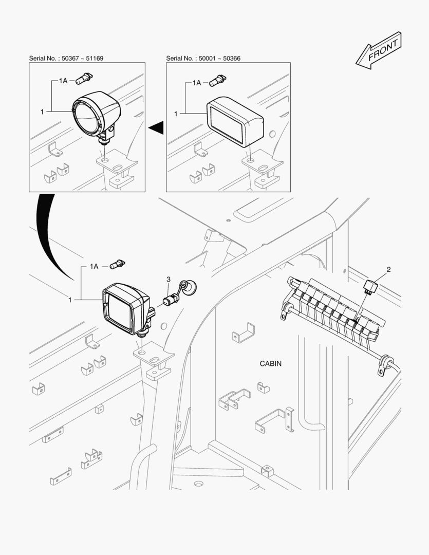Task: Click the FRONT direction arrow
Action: tap(379, 50)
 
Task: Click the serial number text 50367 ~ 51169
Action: tap(83, 59)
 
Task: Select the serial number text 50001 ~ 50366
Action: tap(219, 59)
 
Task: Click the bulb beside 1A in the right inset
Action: tap(218, 80)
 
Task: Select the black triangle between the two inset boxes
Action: tap(156, 127)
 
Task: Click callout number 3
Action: tap(169, 279)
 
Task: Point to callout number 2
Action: tap(388, 270)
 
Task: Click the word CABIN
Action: tap(271, 363)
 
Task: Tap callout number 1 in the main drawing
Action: tap(70, 300)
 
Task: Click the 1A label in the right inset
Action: tap(197, 83)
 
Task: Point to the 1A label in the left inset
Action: tap(63, 81)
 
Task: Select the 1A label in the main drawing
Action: tap(94, 266)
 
